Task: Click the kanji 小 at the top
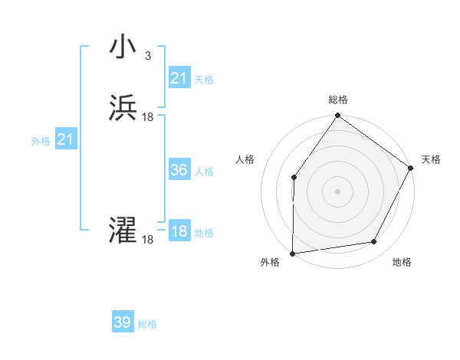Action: (123, 47)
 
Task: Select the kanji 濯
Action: (123, 231)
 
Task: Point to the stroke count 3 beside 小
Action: (147, 56)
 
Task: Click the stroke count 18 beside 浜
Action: (148, 117)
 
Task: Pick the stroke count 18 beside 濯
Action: (148, 240)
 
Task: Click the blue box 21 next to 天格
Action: (179, 78)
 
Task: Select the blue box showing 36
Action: (179, 170)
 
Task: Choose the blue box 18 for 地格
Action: (179, 231)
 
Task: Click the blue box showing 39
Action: (123, 322)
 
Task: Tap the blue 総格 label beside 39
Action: (148, 324)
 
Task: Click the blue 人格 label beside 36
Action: (205, 172)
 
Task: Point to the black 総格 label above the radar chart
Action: (338, 100)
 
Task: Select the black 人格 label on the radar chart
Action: (245, 159)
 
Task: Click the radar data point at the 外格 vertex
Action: (292, 254)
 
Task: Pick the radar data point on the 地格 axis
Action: (374, 241)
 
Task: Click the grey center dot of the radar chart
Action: (338, 191)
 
